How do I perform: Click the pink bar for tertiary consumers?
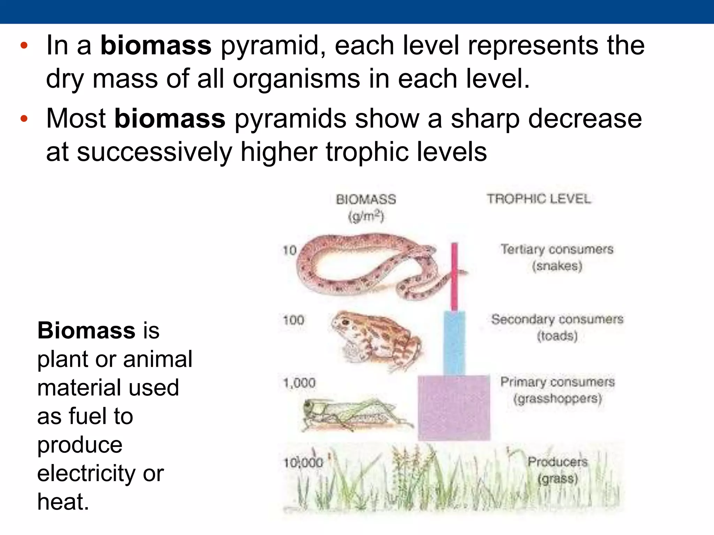tap(454, 277)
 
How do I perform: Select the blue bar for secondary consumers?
tap(454, 343)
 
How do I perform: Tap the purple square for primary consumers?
tap(454, 408)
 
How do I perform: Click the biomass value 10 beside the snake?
tap(289, 250)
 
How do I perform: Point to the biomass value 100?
tap(294, 320)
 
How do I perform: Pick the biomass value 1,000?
tap(299, 383)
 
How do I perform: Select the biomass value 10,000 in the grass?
tap(303, 463)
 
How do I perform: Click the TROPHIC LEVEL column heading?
tap(539, 199)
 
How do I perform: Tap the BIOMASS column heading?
tap(366, 200)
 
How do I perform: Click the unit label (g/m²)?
tap(366, 217)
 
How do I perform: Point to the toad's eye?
tap(345, 322)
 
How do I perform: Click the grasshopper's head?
tap(310, 408)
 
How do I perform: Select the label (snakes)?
tap(557, 266)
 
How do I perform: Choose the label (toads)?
tap(557, 336)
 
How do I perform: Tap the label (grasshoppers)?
tap(557, 398)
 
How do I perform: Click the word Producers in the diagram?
tap(557, 462)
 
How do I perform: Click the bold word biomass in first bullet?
tap(156, 45)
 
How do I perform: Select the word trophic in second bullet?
tap(356, 152)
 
